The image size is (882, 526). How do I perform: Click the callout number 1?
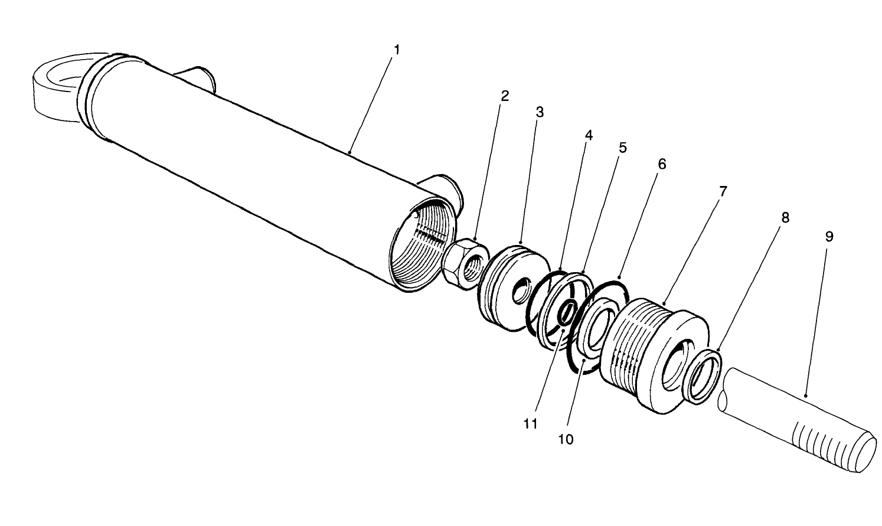[x=397, y=50]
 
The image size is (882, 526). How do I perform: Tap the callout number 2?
[x=505, y=96]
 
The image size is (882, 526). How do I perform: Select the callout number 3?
[x=539, y=112]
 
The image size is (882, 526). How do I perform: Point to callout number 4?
[x=588, y=135]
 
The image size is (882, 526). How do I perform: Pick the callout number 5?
[x=622, y=148]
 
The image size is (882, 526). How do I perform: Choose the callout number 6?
[x=662, y=164]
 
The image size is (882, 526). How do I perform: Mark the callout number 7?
[x=723, y=191]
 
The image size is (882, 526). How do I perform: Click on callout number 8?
[x=785, y=217]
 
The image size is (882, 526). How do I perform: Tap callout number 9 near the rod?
[x=829, y=237]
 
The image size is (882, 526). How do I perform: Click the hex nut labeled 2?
[x=466, y=264]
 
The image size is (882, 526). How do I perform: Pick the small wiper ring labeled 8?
[x=703, y=376]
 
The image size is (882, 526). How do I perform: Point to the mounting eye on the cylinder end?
[x=56, y=89]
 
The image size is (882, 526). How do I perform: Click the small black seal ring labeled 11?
[x=566, y=312]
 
